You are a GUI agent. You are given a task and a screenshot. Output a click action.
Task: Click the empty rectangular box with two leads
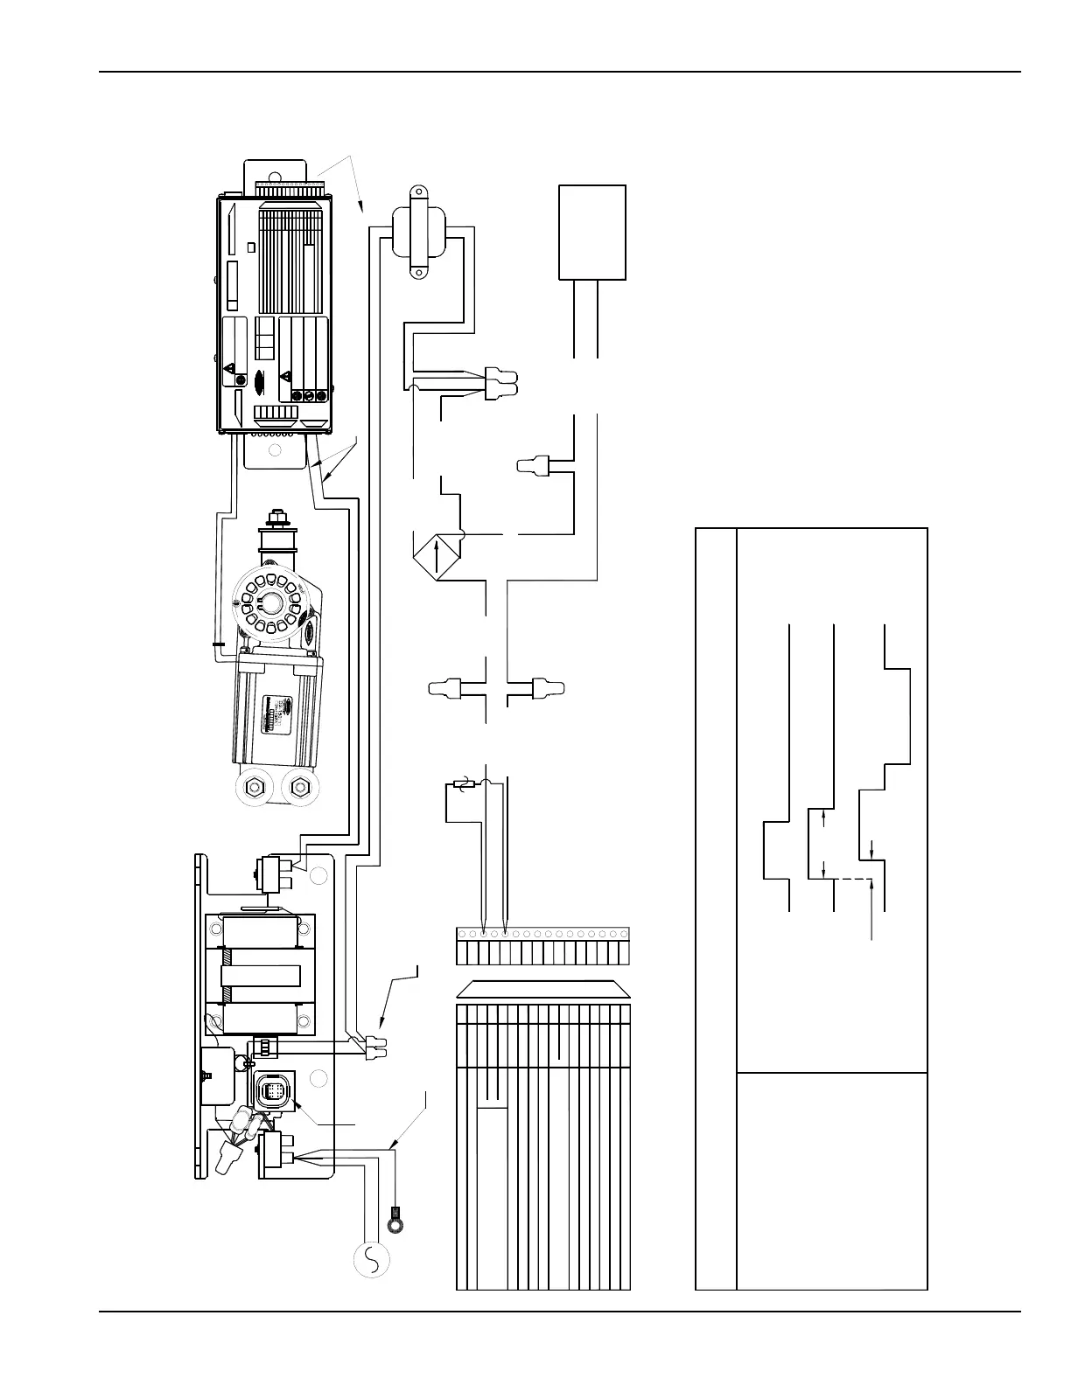[592, 232]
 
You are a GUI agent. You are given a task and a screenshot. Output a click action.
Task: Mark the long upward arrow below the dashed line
[873, 909]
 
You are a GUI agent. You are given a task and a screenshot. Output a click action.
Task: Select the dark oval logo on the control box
[259, 381]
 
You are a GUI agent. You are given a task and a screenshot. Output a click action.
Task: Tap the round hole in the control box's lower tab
[276, 451]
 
